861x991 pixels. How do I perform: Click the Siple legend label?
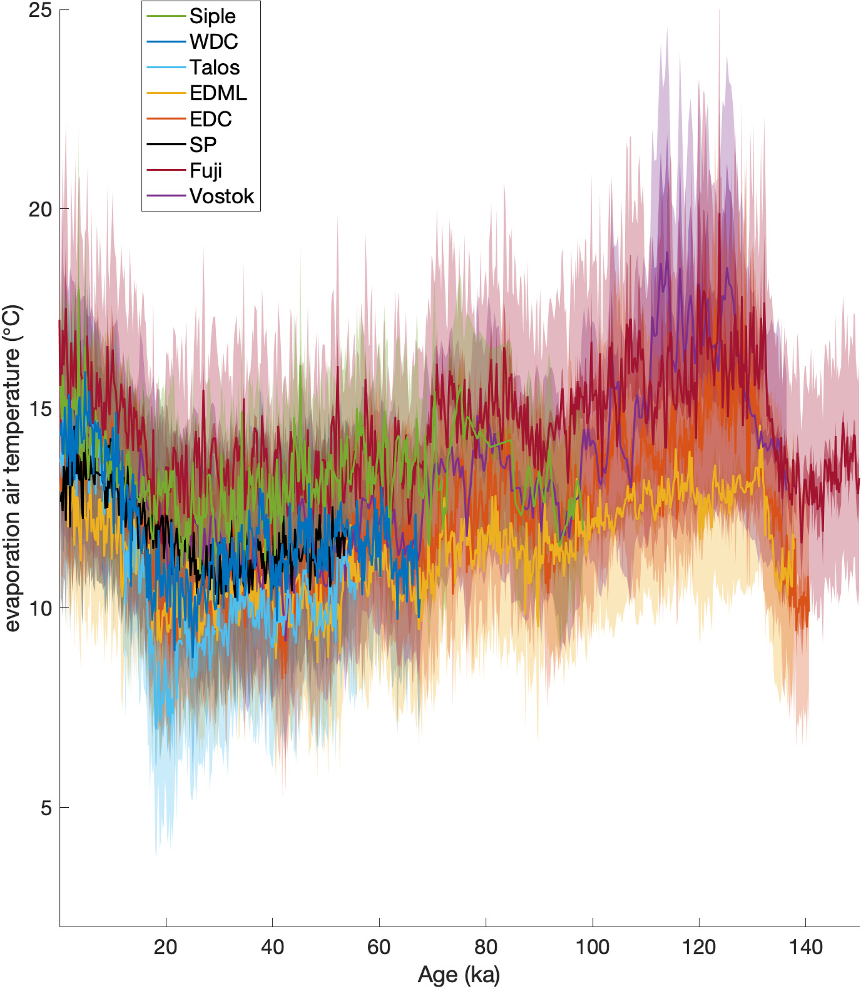[x=212, y=16]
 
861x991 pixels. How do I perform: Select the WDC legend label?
[x=213, y=42]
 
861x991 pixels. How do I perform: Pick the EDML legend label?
[x=218, y=93]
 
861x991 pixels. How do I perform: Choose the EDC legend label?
[x=210, y=119]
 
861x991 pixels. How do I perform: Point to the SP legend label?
[x=203, y=145]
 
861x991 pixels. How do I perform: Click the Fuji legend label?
[x=206, y=170]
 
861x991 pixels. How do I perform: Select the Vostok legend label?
[x=222, y=196]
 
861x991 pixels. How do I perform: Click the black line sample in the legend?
[x=166, y=144]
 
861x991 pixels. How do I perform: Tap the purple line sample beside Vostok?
[x=166, y=195]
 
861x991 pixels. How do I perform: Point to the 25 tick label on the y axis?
[x=40, y=10]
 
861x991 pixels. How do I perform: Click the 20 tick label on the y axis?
[x=40, y=210]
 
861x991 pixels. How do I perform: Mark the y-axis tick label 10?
[x=40, y=609]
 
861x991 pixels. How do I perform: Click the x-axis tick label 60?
[x=379, y=947]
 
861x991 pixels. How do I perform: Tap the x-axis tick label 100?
[x=592, y=947]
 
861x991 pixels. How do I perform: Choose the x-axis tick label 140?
[x=806, y=947]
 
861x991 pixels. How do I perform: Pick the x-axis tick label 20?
[x=165, y=947]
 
